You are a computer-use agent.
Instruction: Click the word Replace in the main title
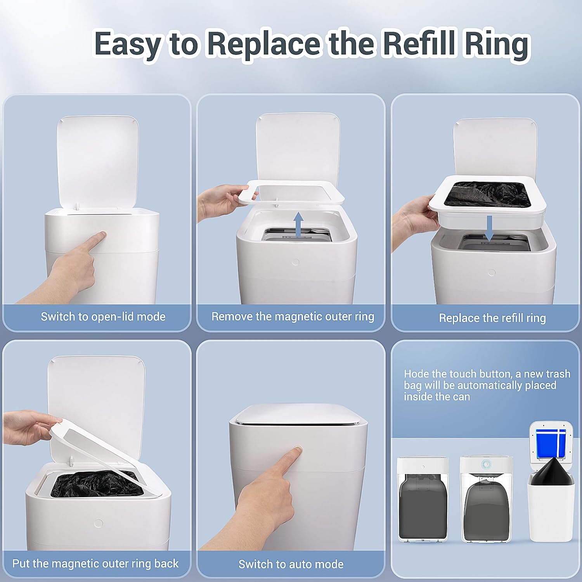pyautogui.click(x=264, y=43)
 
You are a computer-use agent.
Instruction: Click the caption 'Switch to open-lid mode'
pyautogui.click(x=103, y=317)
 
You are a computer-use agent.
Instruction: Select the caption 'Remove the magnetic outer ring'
pyautogui.click(x=293, y=317)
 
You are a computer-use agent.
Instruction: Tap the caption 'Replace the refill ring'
pyautogui.click(x=492, y=318)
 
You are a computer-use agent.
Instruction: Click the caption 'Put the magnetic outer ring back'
pyautogui.click(x=95, y=563)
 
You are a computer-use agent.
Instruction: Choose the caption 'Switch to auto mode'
pyautogui.click(x=291, y=564)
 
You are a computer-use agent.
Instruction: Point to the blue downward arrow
pyautogui.click(x=489, y=228)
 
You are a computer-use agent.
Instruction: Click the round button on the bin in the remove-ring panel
pyautogui.click(x=296, y=262)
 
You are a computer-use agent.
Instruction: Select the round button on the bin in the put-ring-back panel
pyautogui.click(x=99, y=523)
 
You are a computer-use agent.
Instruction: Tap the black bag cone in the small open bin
pyautogui.click(x=551, y=472)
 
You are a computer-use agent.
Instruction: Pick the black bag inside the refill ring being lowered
pyautogui.click(x=487, y=194)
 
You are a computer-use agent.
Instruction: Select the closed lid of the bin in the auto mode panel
pyautogui.click(x=298, y=414)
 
